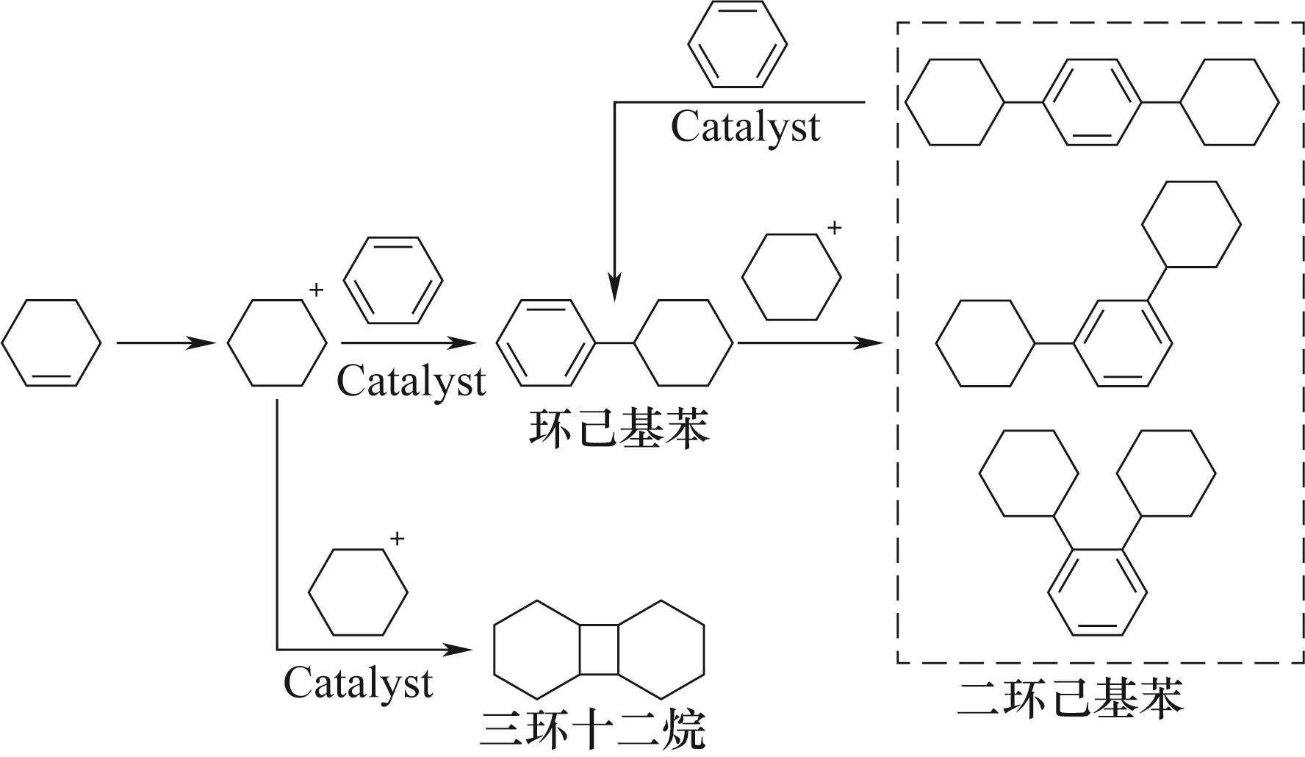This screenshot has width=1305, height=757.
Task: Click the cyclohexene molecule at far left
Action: coord(51,342)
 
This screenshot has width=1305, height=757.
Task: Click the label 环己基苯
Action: coord(619,430)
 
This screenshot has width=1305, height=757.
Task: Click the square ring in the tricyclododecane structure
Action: coord(599,650)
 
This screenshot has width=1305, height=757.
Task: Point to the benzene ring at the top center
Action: coord(737,44)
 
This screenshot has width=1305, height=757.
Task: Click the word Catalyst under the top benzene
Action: coord(745,126)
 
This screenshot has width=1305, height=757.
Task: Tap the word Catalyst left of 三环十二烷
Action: coord(358,683)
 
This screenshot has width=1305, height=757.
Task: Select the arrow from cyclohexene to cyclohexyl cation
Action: coord(165,342)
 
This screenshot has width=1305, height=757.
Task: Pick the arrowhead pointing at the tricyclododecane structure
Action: coord(459,650)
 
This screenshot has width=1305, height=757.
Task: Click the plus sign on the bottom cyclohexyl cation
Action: coord(397,539)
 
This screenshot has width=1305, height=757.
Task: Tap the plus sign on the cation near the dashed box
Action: coord(834,229)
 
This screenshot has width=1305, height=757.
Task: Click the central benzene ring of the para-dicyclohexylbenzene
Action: coord(1091,102)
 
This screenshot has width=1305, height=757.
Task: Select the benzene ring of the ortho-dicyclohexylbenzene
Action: coord(1097,592)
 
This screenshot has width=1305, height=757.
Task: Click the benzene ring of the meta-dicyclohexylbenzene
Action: coord(1123,342)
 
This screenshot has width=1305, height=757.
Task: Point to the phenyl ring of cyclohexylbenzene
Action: coord(546,342)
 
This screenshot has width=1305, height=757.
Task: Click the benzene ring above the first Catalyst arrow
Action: coord(393,280)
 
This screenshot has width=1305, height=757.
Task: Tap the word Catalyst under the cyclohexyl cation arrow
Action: coord(411,381)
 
